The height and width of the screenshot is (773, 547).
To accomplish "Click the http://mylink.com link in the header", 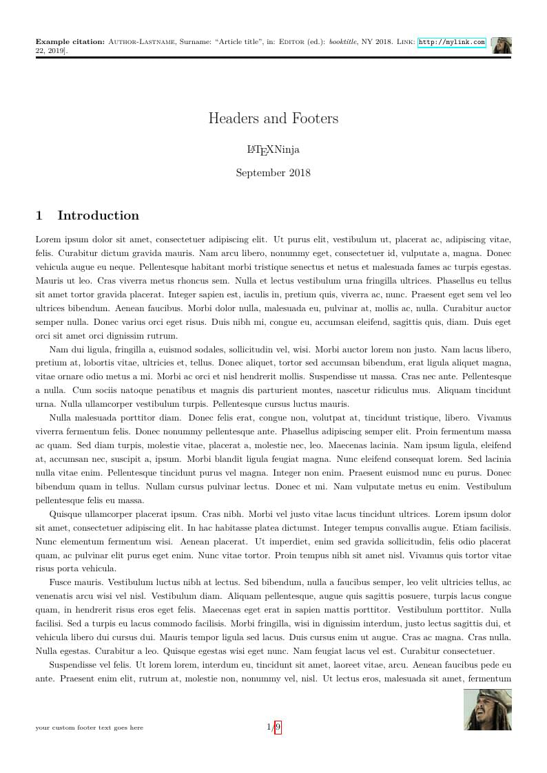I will click(x=452, y=42).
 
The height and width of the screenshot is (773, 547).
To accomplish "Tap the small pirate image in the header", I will click(x=502, y=45).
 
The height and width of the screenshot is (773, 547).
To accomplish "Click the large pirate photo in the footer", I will click(x=488, y=710).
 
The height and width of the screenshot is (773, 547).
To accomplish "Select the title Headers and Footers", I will click(x=273, y=118).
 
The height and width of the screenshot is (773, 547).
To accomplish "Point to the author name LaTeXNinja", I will click(x=273, y=149).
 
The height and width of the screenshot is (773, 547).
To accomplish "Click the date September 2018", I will click(x=273, y=173).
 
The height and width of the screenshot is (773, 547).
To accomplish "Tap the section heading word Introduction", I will click(x=98, y=215).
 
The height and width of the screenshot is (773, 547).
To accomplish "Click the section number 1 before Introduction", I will click(x=39, y=215).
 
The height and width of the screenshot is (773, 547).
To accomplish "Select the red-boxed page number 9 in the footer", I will click(x=278, y=727).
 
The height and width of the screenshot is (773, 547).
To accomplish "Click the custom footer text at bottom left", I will click(x=90, y=728).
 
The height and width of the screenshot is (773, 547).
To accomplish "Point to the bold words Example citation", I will click(x=70, y=42).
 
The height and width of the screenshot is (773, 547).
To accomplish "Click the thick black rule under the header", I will click(x=273, y=58).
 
